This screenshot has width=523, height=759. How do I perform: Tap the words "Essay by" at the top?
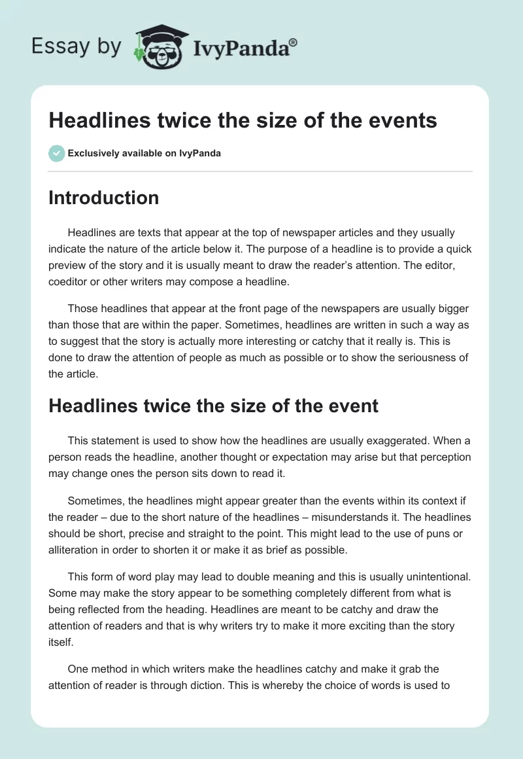click(x=76, y=46)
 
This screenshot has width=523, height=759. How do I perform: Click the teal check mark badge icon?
click(x=56, y=153)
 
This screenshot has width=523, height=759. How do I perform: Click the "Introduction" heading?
click(x=103, y=198)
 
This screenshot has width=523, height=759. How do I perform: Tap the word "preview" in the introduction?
click(x=72, y=266)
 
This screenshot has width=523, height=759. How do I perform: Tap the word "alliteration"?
click(x=74, y=550)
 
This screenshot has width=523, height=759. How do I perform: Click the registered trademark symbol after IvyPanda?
click(x=294, y=41)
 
